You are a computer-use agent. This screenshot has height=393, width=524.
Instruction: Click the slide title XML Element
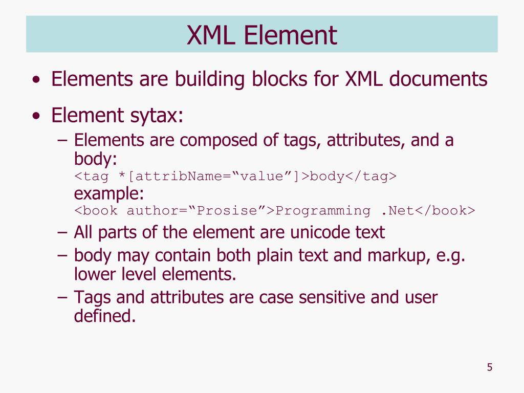[261, 35]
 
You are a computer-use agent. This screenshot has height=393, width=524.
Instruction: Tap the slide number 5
[490, 367]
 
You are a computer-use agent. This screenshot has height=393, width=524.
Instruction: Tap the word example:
[109, 194]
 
